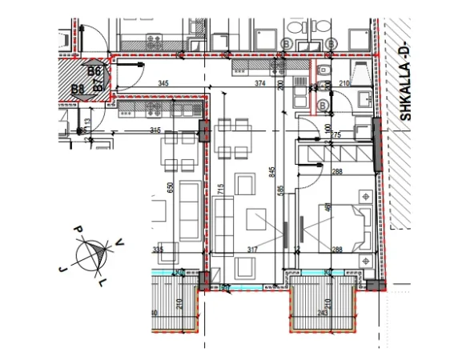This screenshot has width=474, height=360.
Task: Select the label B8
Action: (x=78, y=89)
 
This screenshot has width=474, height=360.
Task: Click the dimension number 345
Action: (x=163, y=83)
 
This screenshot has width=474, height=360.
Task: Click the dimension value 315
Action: (x=155, y=130)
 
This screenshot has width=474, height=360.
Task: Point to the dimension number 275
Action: (x=335, y=135)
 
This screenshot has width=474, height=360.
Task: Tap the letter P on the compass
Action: (x=79, y=230)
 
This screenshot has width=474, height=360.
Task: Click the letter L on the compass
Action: (x=101, y=283)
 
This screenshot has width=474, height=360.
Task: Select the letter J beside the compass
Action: (x=61, y=270)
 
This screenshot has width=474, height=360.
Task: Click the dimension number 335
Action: (x=157, y=250)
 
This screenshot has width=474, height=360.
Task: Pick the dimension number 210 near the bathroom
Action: (x=346, y=83)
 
